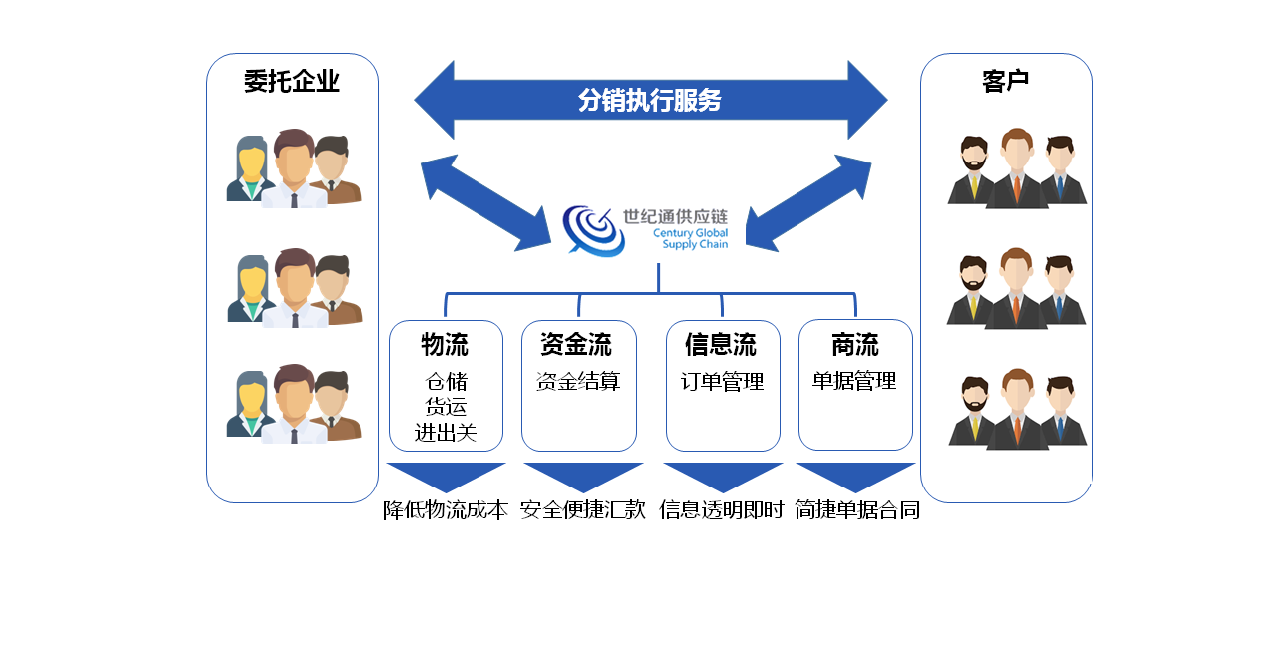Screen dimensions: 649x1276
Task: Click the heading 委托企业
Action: pos(292,81)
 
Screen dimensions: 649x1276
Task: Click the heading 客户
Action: pos(1005,81)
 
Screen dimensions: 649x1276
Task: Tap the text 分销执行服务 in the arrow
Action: pos(649,100)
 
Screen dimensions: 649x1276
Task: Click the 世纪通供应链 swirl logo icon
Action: pos(593,230)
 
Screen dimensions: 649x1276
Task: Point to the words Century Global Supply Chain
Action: pos(691,238)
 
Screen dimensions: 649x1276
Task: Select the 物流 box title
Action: pos(445,345)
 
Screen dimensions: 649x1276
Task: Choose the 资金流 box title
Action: pos(576,345)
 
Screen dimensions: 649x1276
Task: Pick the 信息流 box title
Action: pos(721,345)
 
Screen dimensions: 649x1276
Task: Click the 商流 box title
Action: pos(854,345)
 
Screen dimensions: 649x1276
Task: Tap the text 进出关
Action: pos(446,433)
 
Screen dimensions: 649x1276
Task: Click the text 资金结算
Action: pos(578,381)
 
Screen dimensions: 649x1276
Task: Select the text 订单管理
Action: pos(723,381)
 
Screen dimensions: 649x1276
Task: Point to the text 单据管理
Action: pos(854,381)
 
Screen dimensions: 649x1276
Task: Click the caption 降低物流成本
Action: pos(446,510)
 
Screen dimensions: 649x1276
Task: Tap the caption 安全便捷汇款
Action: pos(583,510)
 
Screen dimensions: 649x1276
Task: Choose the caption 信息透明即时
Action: pos(722,510)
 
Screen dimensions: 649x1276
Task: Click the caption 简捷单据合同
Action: pos(857,510)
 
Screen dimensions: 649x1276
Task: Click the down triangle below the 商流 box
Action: pos(855,475)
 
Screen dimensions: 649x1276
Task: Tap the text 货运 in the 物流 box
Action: pos(446,407)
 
